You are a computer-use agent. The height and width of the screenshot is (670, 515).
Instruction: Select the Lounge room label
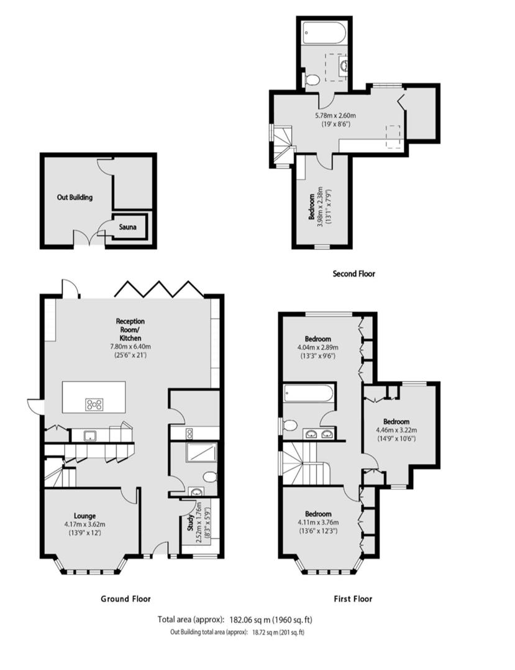pyautogui.click(x=84, y=515)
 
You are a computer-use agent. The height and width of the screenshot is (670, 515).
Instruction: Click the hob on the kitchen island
pyautogui.click(x=95, y=404)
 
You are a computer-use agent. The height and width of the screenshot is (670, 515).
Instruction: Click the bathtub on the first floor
pyautogui.click(x=309, y=395)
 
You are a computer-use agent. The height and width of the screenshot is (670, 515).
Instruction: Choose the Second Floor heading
pyautogui.click(x=354, y=273)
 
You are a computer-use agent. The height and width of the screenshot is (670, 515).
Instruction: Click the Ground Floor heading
pyautogui.click(x=125, y=599)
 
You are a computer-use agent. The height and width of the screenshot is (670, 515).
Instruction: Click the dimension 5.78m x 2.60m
pyautogui.click(x=335, y=115)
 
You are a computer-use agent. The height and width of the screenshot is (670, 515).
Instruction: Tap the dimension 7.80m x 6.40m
pyautogui.click(x=130, y=347)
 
